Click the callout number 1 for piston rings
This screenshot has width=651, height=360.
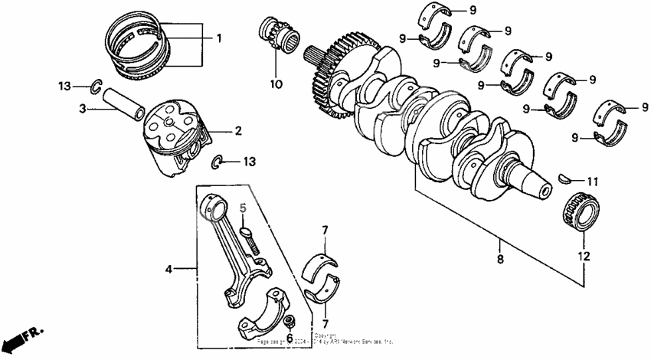[x=218, y=38]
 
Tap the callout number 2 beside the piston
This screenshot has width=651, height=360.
[x=237, y=131]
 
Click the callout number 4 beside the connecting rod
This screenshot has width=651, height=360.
[x=168, y=268]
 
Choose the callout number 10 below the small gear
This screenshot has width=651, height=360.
[x=276, y=83]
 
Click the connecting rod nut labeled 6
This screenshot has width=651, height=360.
[x=290, y=320]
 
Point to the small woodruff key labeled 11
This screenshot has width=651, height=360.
[x=565, y=178]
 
